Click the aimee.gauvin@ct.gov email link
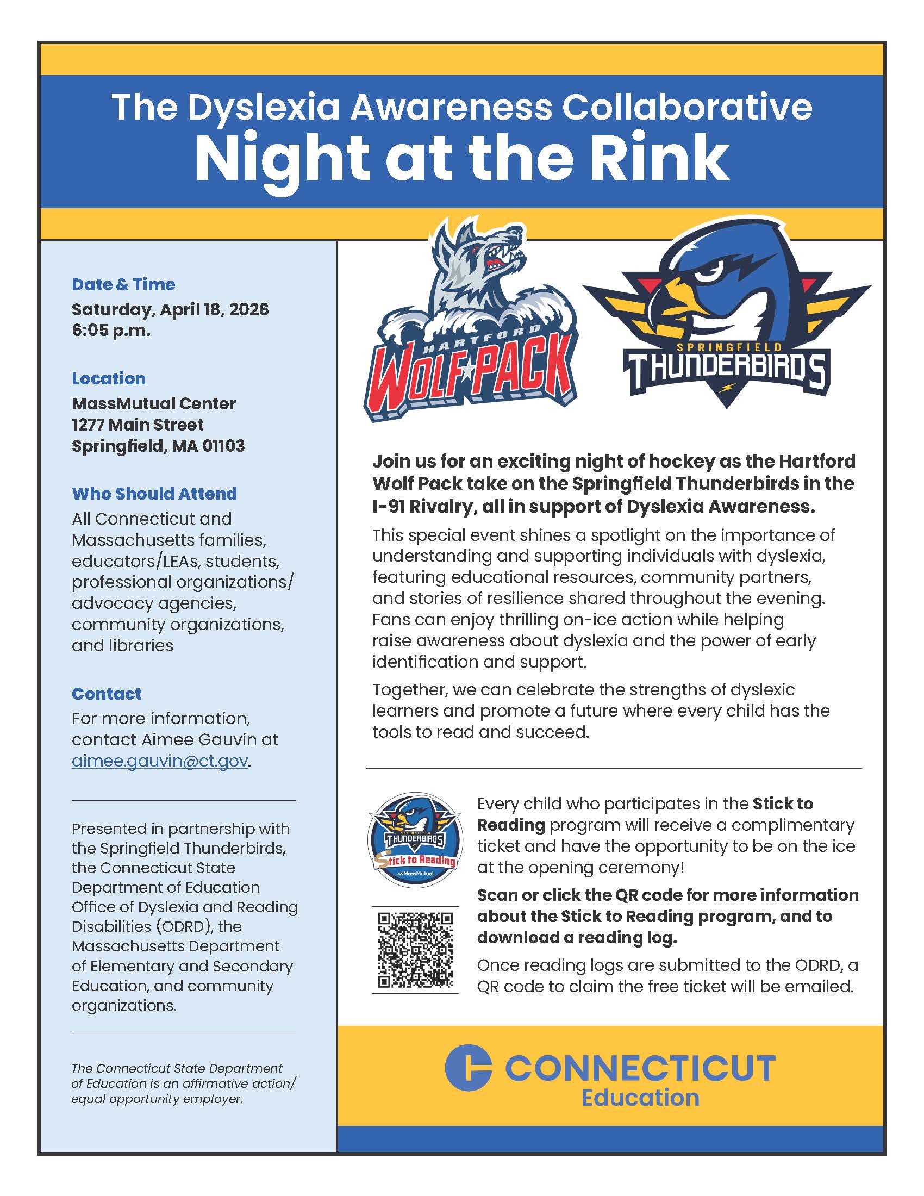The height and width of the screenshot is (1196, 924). pos(160,761)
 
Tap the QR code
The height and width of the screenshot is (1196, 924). pos(415,950)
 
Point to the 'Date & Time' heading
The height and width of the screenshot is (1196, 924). pos(123,284)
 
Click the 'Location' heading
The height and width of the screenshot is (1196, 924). pos(108,378)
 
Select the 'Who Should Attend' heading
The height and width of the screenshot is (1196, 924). pos(154,494)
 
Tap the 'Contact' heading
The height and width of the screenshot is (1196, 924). pos(107,694)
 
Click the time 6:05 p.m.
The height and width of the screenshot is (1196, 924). pos(110,331)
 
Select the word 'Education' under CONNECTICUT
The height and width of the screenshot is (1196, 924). pos(640,1098)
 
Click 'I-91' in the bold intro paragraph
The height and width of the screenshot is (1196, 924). pos(388,507)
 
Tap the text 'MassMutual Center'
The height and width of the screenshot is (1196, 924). pos(154,403)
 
